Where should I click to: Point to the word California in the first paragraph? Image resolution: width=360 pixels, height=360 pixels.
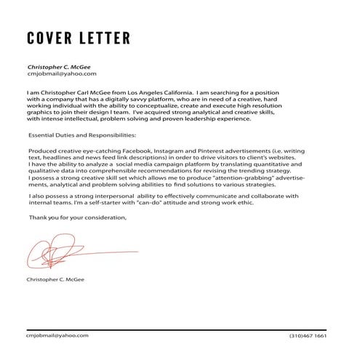coord(171,93)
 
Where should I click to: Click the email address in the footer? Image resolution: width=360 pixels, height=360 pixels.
coord(57,335)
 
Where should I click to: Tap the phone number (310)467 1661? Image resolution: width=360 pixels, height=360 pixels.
coord(307,336)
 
